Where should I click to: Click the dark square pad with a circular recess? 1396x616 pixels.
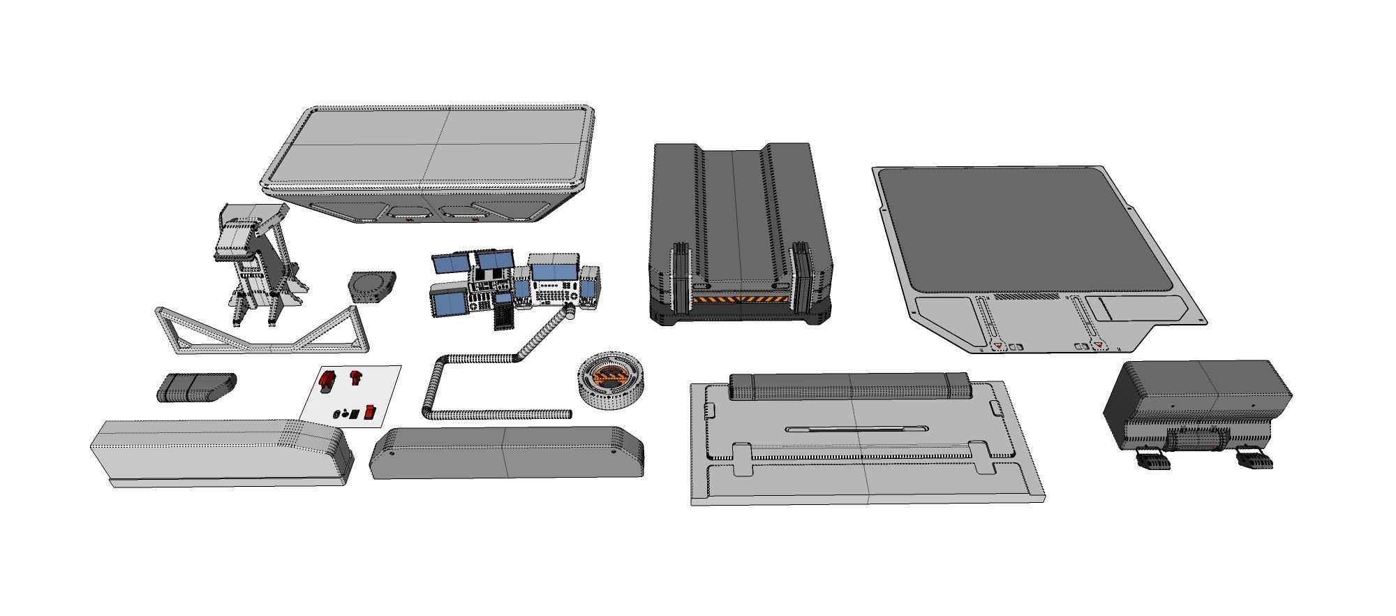point(371,286)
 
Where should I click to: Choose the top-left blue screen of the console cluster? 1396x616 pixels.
point(452,265)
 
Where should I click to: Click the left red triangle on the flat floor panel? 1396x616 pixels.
point(999,346)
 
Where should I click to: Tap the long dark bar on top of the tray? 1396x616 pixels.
point(850,386)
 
